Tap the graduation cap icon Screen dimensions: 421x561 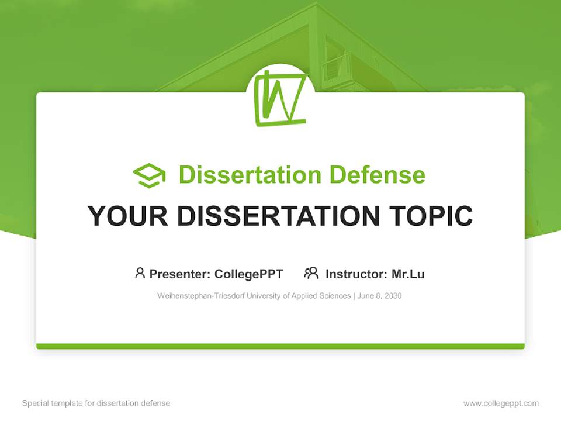click(x=149, y=175)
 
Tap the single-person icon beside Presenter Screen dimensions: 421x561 click(x=140, y=273)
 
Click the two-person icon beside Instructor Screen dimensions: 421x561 click(x=311, y=273)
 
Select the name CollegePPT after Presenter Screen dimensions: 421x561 click(x=248, y=274)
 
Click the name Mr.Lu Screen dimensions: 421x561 click(x=408, y=274)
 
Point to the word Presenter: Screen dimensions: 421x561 click(x=180, y=274)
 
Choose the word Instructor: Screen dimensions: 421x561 click(x=356, y=274)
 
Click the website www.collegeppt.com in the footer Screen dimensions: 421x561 click(x=501, y=403)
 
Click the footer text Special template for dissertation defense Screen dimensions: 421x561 click(x=96, y=403)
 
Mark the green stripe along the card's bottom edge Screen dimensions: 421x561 click(x=280, y=347)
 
